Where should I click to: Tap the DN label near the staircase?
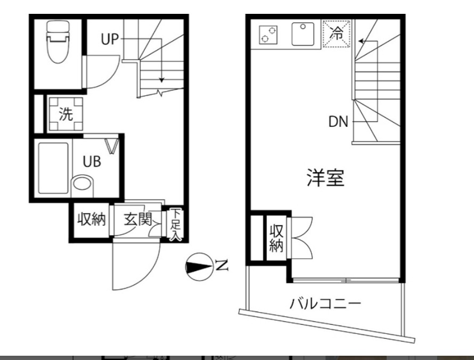[338, 122]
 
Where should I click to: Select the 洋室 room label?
[325, 177]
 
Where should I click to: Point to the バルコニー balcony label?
[325, 304]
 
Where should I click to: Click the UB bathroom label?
[91, 161]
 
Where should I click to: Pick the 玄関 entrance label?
[137, 219]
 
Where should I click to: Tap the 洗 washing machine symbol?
[66, 114]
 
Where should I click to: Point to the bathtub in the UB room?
[53, 168]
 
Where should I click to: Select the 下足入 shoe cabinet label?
[176, 224]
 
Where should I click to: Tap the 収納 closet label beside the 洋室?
[276, 238]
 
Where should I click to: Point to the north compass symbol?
[199, 265]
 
